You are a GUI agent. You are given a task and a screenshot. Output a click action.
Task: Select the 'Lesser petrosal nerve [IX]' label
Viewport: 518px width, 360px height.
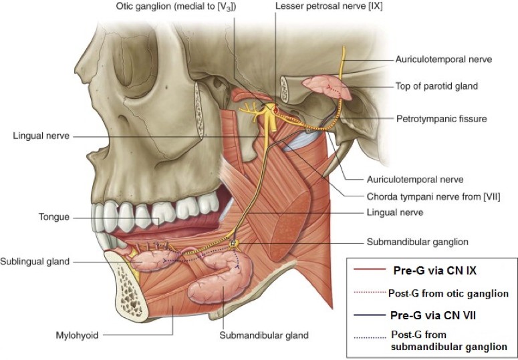click(320, 7)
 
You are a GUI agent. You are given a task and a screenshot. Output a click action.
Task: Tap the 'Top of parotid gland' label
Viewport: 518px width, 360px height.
click(436, 86)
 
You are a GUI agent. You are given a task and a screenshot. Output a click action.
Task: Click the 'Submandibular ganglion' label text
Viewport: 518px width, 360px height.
click(418, 242)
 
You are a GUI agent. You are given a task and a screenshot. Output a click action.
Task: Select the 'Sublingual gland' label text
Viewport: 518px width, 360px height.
click(35, 261)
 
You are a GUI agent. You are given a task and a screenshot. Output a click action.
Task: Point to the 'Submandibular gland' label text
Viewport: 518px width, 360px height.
click(264, 335)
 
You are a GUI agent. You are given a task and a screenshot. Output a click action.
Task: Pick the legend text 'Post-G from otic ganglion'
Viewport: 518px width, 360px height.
click(448, 293)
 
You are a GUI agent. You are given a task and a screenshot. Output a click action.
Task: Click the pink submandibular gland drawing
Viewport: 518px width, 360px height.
click(214, 284)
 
